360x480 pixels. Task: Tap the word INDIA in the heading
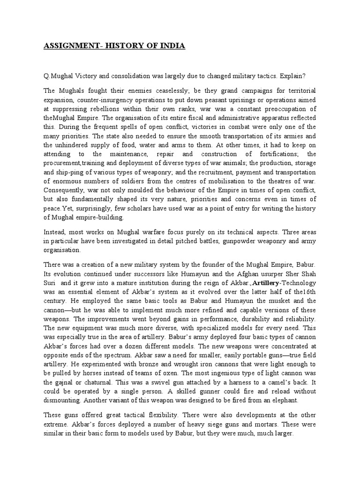coord(172,46)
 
